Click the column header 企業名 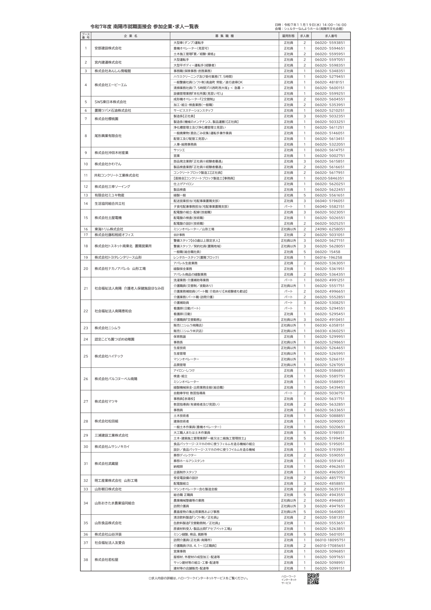[130, 36]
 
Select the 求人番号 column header [331, 36]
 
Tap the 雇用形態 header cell [288, 36]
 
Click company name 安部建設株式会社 [108, 48]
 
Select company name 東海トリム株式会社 [109, 229]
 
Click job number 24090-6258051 [330, 229]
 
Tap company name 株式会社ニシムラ [108, 328]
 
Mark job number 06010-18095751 [330, 540]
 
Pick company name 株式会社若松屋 [106, 559]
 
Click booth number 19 [86, 258]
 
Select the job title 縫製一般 [180, 195]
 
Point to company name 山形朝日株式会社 [108, 489]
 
